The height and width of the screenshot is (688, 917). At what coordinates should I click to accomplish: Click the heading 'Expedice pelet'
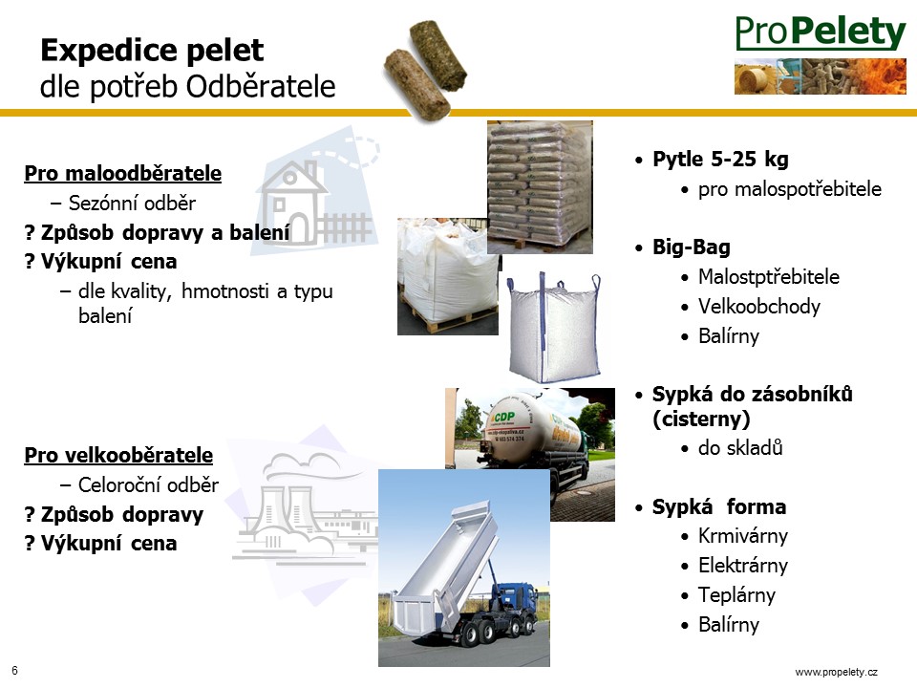click(152, 51)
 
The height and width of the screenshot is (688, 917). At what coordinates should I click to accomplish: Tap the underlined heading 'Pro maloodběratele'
click(123, 174)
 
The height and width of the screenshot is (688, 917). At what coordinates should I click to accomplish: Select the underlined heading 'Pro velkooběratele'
click(118, 455)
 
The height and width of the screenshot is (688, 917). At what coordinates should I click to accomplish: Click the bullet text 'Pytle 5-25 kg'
click(720, 160)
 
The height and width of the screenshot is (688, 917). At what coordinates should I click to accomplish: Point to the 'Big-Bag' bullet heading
click(692, 247)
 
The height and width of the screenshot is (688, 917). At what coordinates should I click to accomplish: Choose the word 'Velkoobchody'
click(759, 306)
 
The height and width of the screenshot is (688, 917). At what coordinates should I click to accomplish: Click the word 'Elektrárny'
click(743, 565)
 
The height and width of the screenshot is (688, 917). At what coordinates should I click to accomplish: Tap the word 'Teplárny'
click(736, 595)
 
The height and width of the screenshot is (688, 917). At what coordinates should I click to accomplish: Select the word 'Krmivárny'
click(743, 535)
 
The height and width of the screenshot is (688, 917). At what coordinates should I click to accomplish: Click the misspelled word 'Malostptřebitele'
click(768, 277)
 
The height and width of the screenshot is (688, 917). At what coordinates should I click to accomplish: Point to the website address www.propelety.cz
click(837, 672)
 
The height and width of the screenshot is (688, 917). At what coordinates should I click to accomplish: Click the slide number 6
click(14, 671)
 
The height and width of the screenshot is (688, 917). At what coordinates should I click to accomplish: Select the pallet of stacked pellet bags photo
click(540, 187)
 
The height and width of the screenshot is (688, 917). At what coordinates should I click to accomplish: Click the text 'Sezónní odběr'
click(132, 203)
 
